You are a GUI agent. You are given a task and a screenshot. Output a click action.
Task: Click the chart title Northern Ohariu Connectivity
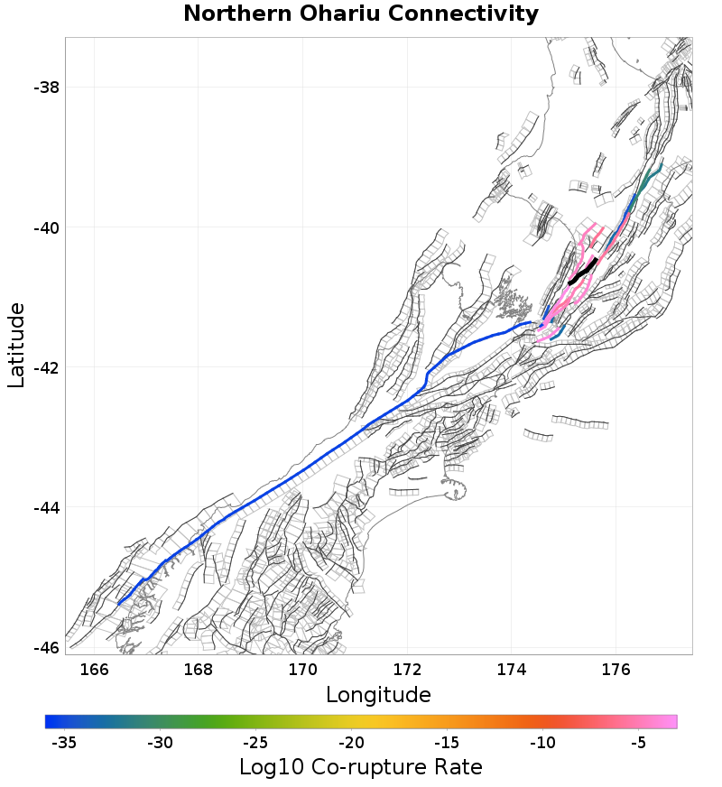361,14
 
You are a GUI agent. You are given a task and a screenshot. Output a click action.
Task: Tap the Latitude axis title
16,347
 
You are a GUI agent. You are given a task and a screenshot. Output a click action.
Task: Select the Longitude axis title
378,695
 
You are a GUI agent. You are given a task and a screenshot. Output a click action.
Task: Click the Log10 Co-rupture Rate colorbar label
361,768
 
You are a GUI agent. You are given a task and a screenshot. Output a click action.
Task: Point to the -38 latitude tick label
47,88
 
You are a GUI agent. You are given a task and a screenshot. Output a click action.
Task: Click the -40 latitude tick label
47,227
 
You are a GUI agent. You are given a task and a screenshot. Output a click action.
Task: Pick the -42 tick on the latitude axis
47,367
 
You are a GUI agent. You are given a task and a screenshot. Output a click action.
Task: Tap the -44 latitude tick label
47,507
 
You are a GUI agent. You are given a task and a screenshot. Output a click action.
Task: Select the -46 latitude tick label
47,648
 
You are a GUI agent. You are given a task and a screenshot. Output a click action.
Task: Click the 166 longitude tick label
94,669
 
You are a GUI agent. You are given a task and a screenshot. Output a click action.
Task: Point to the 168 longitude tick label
199,669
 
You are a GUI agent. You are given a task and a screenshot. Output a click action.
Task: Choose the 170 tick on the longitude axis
302,669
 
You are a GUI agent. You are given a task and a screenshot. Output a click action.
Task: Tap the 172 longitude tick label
407,669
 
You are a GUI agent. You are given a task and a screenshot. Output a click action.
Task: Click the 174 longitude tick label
511,669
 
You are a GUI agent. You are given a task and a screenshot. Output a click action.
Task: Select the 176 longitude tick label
616,669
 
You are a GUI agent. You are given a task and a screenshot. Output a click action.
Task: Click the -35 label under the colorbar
63,744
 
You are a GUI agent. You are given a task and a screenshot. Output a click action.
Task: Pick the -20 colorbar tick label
351,744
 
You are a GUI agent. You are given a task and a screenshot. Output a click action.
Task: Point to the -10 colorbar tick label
542,744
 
